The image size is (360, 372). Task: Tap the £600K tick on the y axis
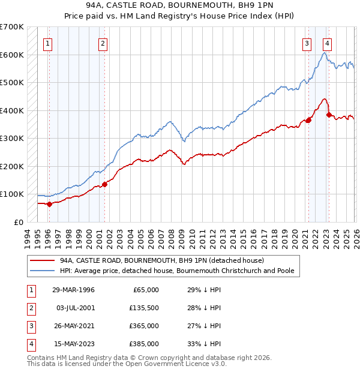[x=12, y=55]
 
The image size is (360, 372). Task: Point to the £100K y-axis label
[x=12, y=194]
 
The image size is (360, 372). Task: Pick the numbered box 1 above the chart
[x=47, y=43]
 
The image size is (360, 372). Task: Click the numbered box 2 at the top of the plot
[x=103, y=43]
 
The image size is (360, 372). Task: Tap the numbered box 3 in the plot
[x=307, y=43]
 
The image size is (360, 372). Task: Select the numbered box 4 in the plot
[x=327, y=43]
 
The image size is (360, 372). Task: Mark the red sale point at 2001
[x=104, y=184]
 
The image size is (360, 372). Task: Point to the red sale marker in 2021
[x=308, y=120]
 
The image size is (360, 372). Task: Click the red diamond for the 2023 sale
[x=329, y=115]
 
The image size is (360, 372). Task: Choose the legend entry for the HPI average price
[x=176, y=271]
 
